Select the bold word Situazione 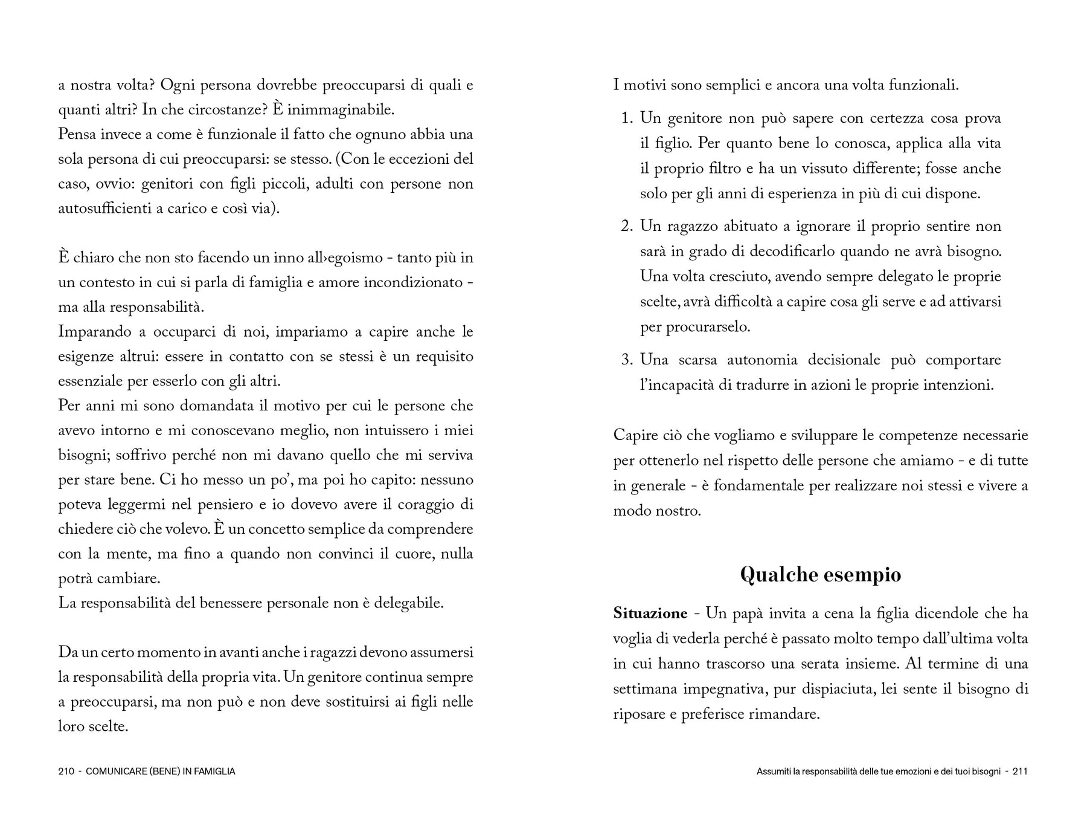coord(650,614)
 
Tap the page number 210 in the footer coord(66,771)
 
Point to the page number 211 coord(1020,771)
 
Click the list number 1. coord(626,118)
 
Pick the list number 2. coord(626,227)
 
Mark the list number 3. coord(626,360)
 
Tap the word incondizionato coord(412,283)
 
